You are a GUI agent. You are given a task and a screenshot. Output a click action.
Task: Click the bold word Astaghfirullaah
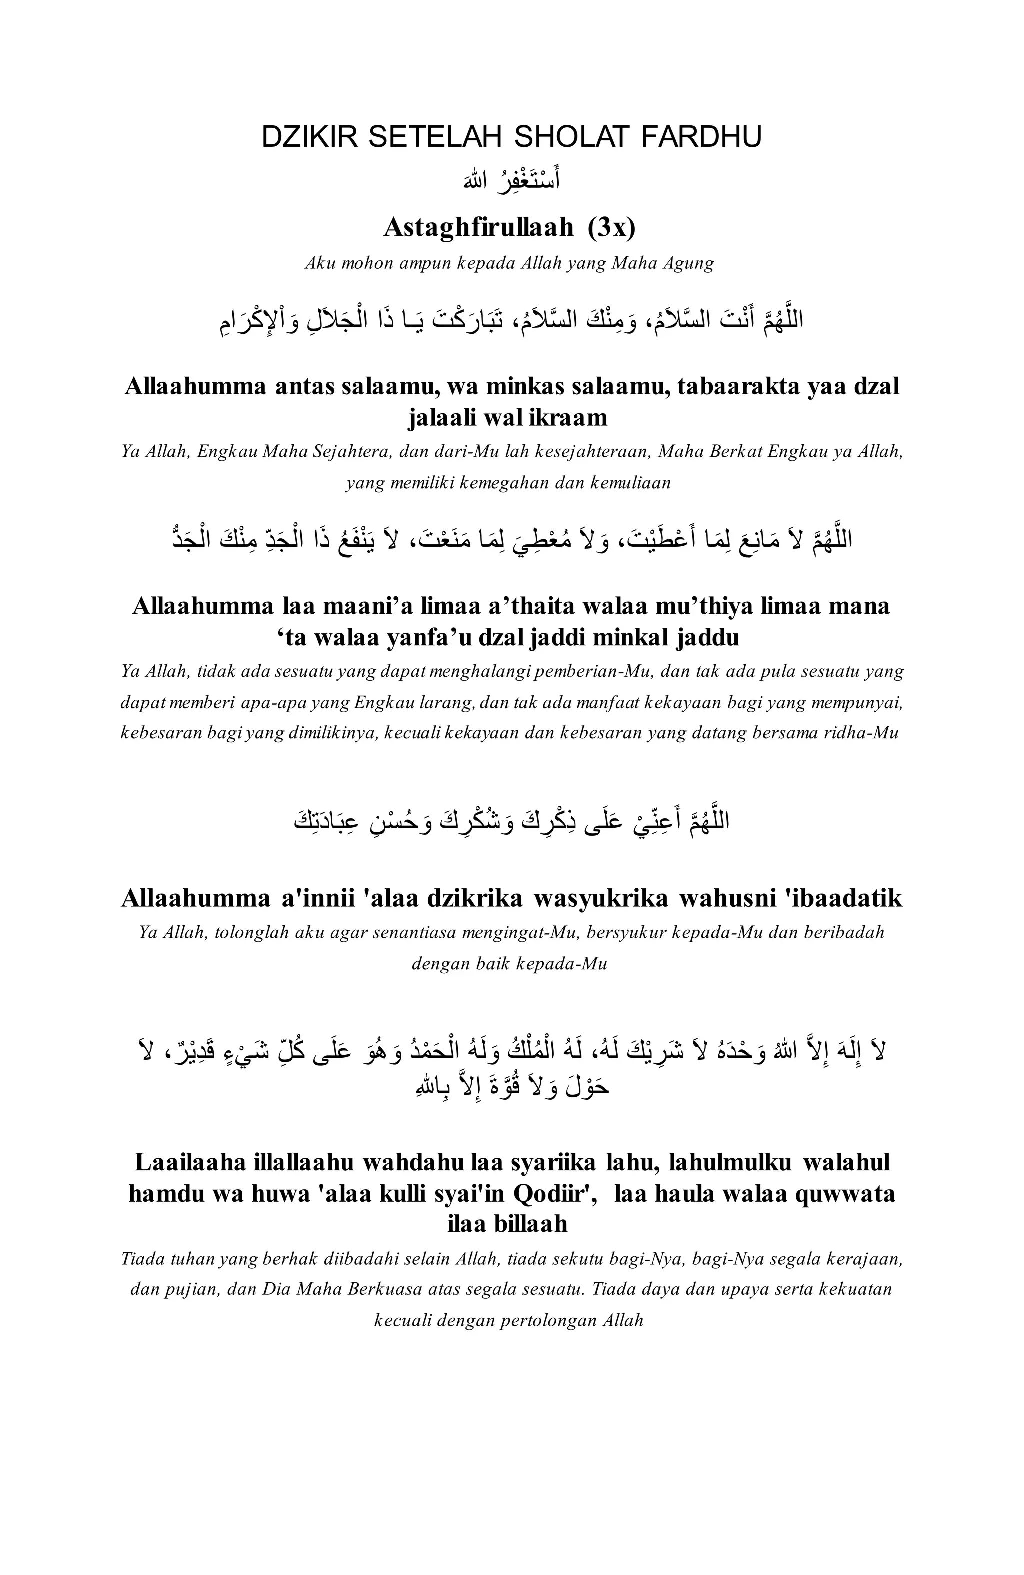[478, 227]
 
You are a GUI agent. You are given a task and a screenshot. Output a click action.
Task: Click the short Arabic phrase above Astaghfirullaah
[511, 180]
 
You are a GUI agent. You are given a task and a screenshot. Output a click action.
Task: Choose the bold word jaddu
[707, 637]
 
